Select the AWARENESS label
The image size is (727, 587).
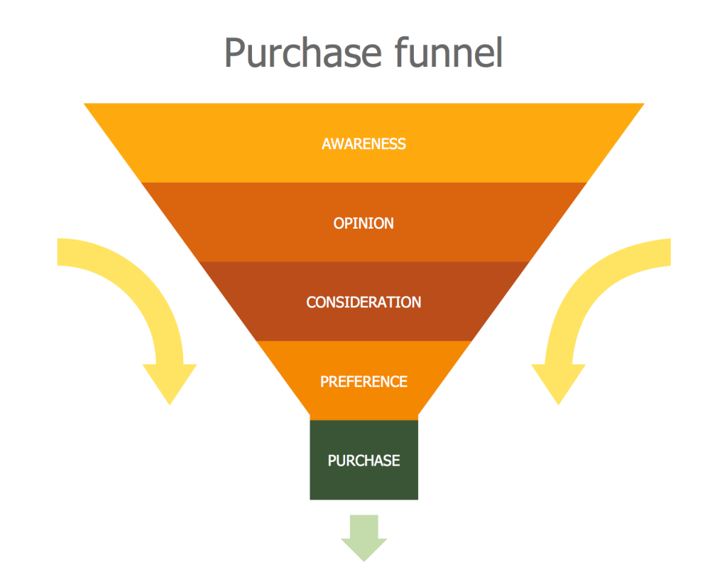(x=363, y=144)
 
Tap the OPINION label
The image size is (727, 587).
(x=363, y=224)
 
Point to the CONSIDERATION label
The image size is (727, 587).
(x=363, y=302)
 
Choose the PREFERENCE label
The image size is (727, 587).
(x=363, y=382)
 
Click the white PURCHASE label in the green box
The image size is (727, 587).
(x=363, y=461)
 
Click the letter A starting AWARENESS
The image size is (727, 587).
(x=327, y=144)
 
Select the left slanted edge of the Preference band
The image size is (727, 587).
(x=284, y=380)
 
